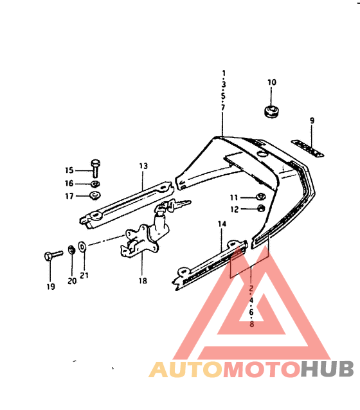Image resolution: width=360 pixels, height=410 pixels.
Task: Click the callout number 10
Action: coord(271,82)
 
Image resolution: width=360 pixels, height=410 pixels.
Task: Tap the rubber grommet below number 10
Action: coord(271,112)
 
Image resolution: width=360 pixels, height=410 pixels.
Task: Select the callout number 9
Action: coord(312,121)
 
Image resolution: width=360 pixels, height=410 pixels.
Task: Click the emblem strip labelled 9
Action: coord(308,148)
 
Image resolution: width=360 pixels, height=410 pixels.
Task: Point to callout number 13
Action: coord(143,166)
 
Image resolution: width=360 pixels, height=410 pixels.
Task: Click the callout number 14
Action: coord(222,224)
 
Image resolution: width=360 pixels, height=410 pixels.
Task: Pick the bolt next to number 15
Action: coord(95,168)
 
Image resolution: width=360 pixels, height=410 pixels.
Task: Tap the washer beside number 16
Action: coord(95,184)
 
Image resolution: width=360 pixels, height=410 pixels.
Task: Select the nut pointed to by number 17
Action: coord(95,195)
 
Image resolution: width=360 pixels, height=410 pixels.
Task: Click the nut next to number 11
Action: coord(261,197)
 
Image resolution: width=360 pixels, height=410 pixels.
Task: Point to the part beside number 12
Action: coord(261,208)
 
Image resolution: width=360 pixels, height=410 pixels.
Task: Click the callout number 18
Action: coord(143,281)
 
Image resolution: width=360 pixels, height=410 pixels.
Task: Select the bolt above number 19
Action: coord(53,255)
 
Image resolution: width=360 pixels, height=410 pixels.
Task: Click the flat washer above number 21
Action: coord(82,247)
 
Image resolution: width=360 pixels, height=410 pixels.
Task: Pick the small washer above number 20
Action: coord(71,250)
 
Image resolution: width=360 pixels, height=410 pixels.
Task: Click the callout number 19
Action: coord(51,287)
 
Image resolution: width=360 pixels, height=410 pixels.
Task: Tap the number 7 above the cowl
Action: coord(223,107)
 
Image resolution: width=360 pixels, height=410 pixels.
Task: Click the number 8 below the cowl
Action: coord(252,324)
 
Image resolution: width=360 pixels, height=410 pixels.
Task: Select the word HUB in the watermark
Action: coord(327,369)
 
